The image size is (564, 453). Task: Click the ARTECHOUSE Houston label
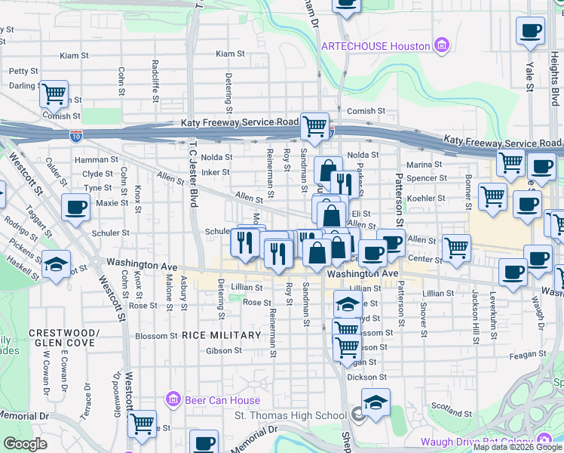[x=375, y=46]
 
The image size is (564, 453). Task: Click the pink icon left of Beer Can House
[x=173, y=399]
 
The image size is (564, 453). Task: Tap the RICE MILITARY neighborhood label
[x=219, y=335]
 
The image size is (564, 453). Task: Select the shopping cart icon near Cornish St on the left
[x=54, y=94]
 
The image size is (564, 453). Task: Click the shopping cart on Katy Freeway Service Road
[x=314, y=126]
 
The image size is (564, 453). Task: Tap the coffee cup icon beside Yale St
[x=530, y=31]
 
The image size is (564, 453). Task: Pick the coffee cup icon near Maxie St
[x=75, y=208]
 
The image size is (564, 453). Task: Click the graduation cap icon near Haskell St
[x=56, y=264]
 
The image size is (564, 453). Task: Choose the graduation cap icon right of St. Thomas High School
[x=375, y=403]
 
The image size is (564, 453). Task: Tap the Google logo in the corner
[x=25, y=444]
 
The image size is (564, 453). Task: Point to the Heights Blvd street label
[x=553, y=64]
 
